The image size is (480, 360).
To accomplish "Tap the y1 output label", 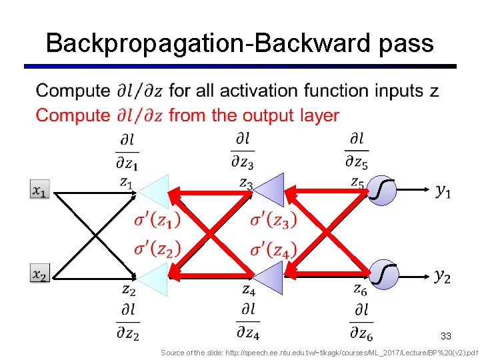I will pyautogui.click(x=443, y=191).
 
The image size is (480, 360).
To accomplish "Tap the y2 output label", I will pyautogui.click(x=442, y=275).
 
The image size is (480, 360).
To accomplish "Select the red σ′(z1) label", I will pyautogui.click(x=157, y=219).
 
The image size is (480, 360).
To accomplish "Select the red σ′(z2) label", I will pyautogui.click(x=157, y=250).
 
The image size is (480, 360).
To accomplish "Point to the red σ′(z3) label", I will pyautogui.click(x=273, y=219).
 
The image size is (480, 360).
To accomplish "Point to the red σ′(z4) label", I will pyautogui.click(x=273, y=250).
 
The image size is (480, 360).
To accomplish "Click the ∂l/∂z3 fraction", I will pyautogui.click(x=244, y=150).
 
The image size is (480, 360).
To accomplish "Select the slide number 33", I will pyautogui.click(x=446, y=336).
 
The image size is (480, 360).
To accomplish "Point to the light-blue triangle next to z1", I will pyautogui.click(x=153, y=192).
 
